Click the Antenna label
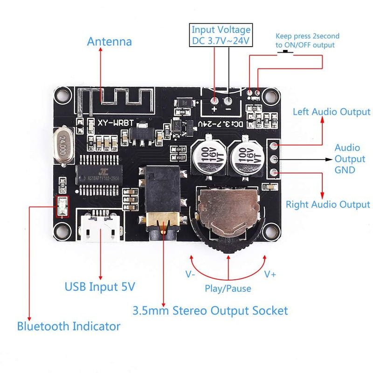click(110, 41)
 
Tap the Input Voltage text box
click(221, 35)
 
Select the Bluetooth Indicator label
click(69, 326)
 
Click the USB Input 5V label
click(100, 286)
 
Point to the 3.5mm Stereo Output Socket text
click(210, 310)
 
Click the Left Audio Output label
click(332, 112)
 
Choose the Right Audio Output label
click(328, 204)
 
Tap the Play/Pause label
click(228, 289)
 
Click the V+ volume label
click(270, 274)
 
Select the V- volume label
click(190, 274)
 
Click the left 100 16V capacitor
click(206, 156)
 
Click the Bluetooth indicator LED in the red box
click(62, 207)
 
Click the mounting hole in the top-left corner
click(61, 96)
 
